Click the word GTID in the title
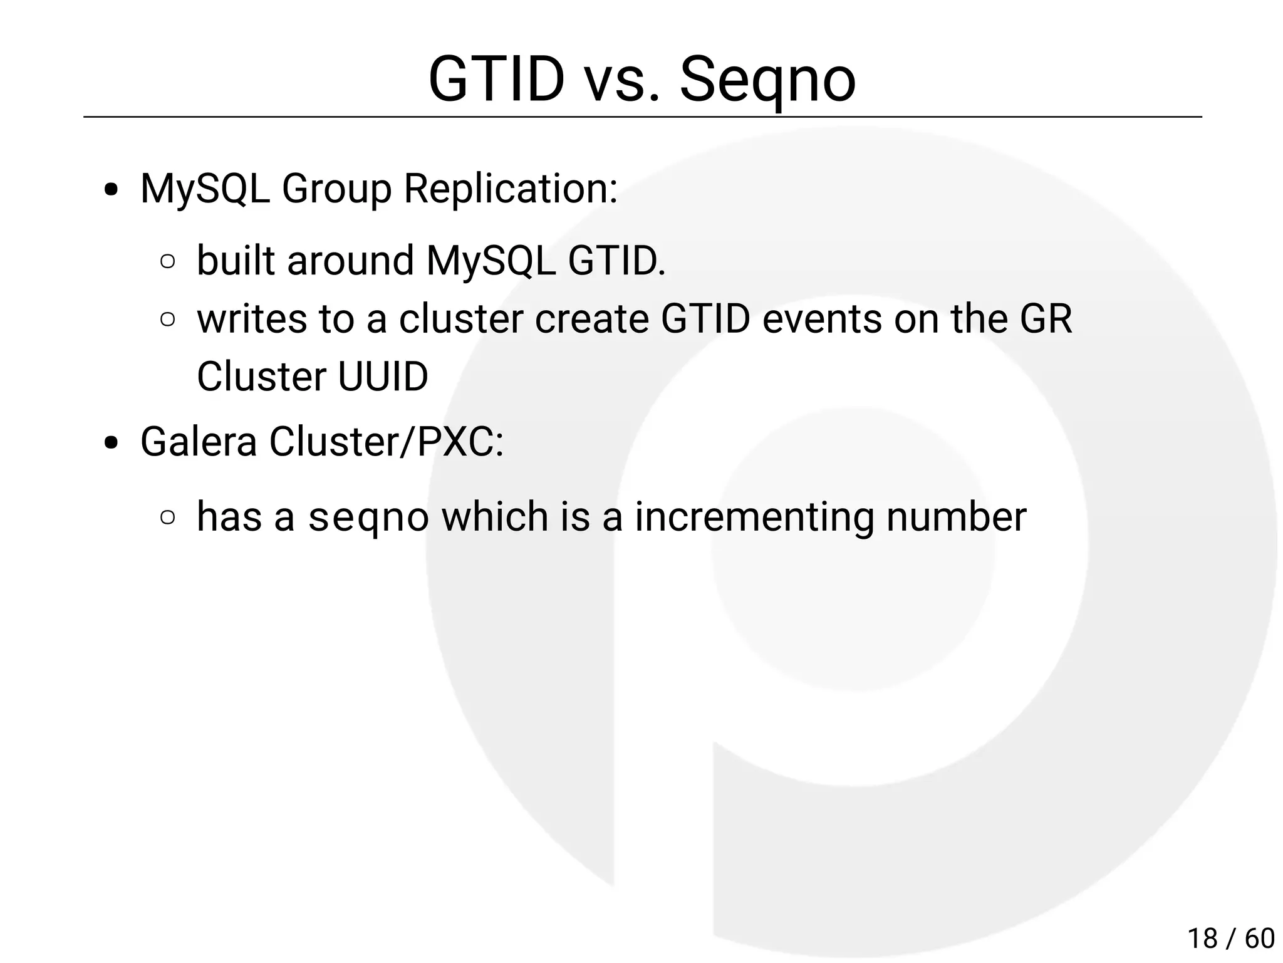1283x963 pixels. tap(496, 80)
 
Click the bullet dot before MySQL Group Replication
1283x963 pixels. tap(112, 190)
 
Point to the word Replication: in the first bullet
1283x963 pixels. tap(511, 189)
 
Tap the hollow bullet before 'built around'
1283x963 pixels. tap(167, 261)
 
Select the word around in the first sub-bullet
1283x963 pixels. tap(350, 261)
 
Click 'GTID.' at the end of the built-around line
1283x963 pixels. tap(616, 261)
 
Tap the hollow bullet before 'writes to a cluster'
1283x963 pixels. tap(167, 320)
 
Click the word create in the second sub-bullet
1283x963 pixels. tap(592, 319)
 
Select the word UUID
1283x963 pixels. tap(383, 377)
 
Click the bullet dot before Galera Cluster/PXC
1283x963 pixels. tap(112, 444)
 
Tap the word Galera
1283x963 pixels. tap(199, 442)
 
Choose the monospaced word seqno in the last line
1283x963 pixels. tap(368, 518)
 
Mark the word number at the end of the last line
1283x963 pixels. tap(956, 518)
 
